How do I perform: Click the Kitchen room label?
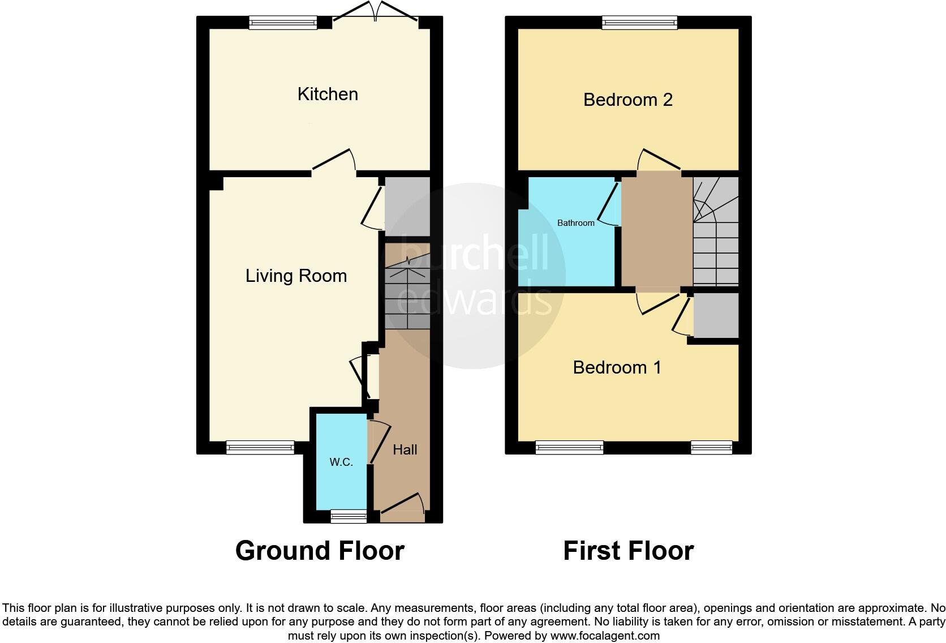click(328, 94)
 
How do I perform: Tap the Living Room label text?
click(296, 276)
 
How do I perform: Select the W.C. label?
click(341, 462)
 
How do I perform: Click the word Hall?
click(405, 449)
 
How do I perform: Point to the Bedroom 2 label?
click(627, 100)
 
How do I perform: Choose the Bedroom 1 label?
click(617, 367)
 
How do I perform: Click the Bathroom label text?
click(575, 223)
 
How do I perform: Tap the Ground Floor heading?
click(320, 551)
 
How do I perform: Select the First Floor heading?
click(628, 551)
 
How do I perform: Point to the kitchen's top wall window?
click(283, 23)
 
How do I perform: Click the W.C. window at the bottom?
click(349, 516)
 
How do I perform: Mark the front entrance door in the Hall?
click(402, 509)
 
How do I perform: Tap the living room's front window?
click(260, 448)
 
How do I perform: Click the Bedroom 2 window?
click(639, 23)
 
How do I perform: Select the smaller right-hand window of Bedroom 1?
click(711, 448)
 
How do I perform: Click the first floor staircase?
click(716, 232)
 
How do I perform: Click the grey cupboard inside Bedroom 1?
click(716, 315)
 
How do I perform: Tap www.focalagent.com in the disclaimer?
click(605, 636)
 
